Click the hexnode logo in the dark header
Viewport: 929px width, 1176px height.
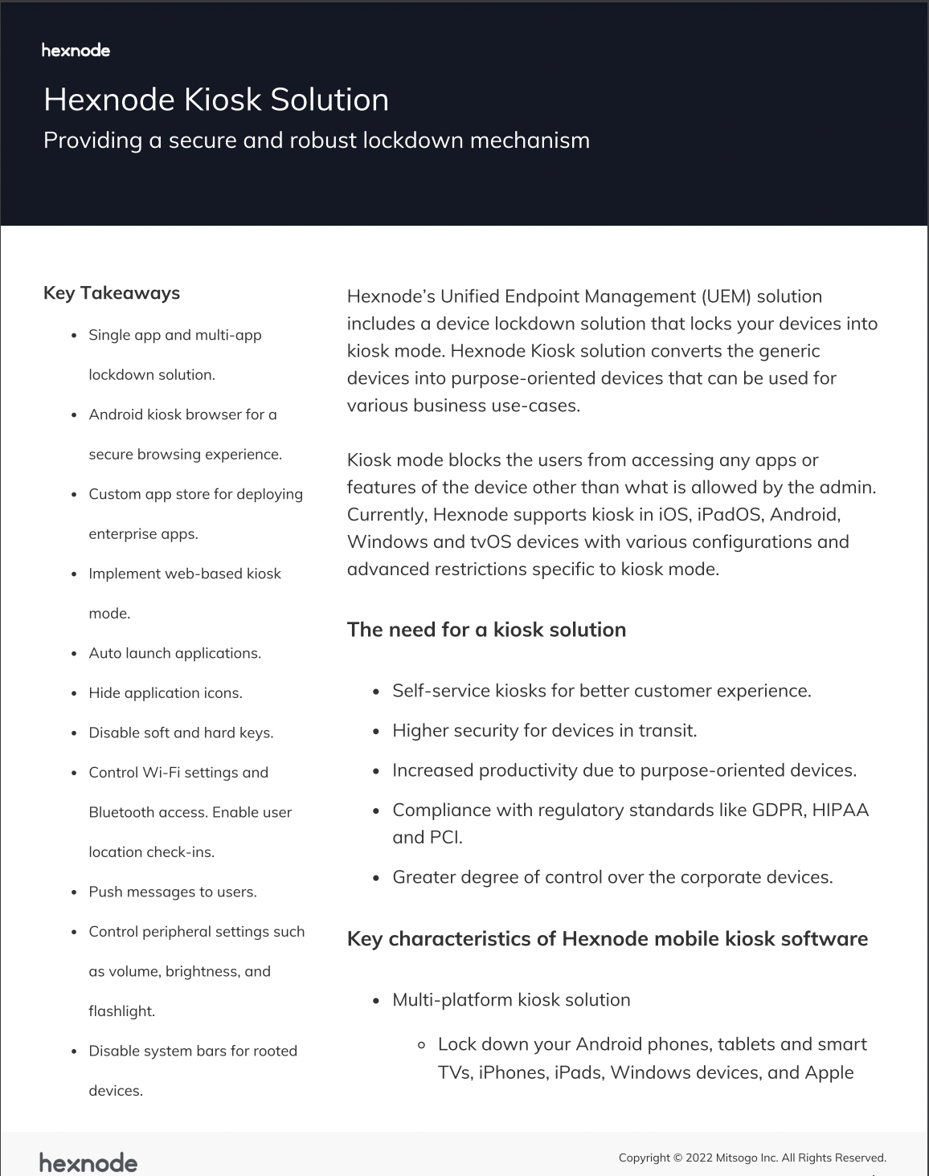point(76,51)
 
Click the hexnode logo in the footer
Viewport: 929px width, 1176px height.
point(88,1162)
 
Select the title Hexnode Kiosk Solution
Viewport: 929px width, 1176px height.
point(216,100)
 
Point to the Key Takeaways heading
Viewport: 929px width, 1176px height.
point(112,293)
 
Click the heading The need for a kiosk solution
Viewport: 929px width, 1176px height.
point(486,630)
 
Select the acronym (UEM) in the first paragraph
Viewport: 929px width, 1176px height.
point(726,296)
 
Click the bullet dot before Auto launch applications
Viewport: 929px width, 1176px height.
point(74,654)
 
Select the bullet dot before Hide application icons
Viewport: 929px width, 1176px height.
point(74,693)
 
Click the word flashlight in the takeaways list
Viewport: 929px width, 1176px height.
point(121,1011)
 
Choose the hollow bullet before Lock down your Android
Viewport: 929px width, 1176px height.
point(421,1045)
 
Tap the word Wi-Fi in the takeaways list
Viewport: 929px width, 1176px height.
point(161,773)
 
